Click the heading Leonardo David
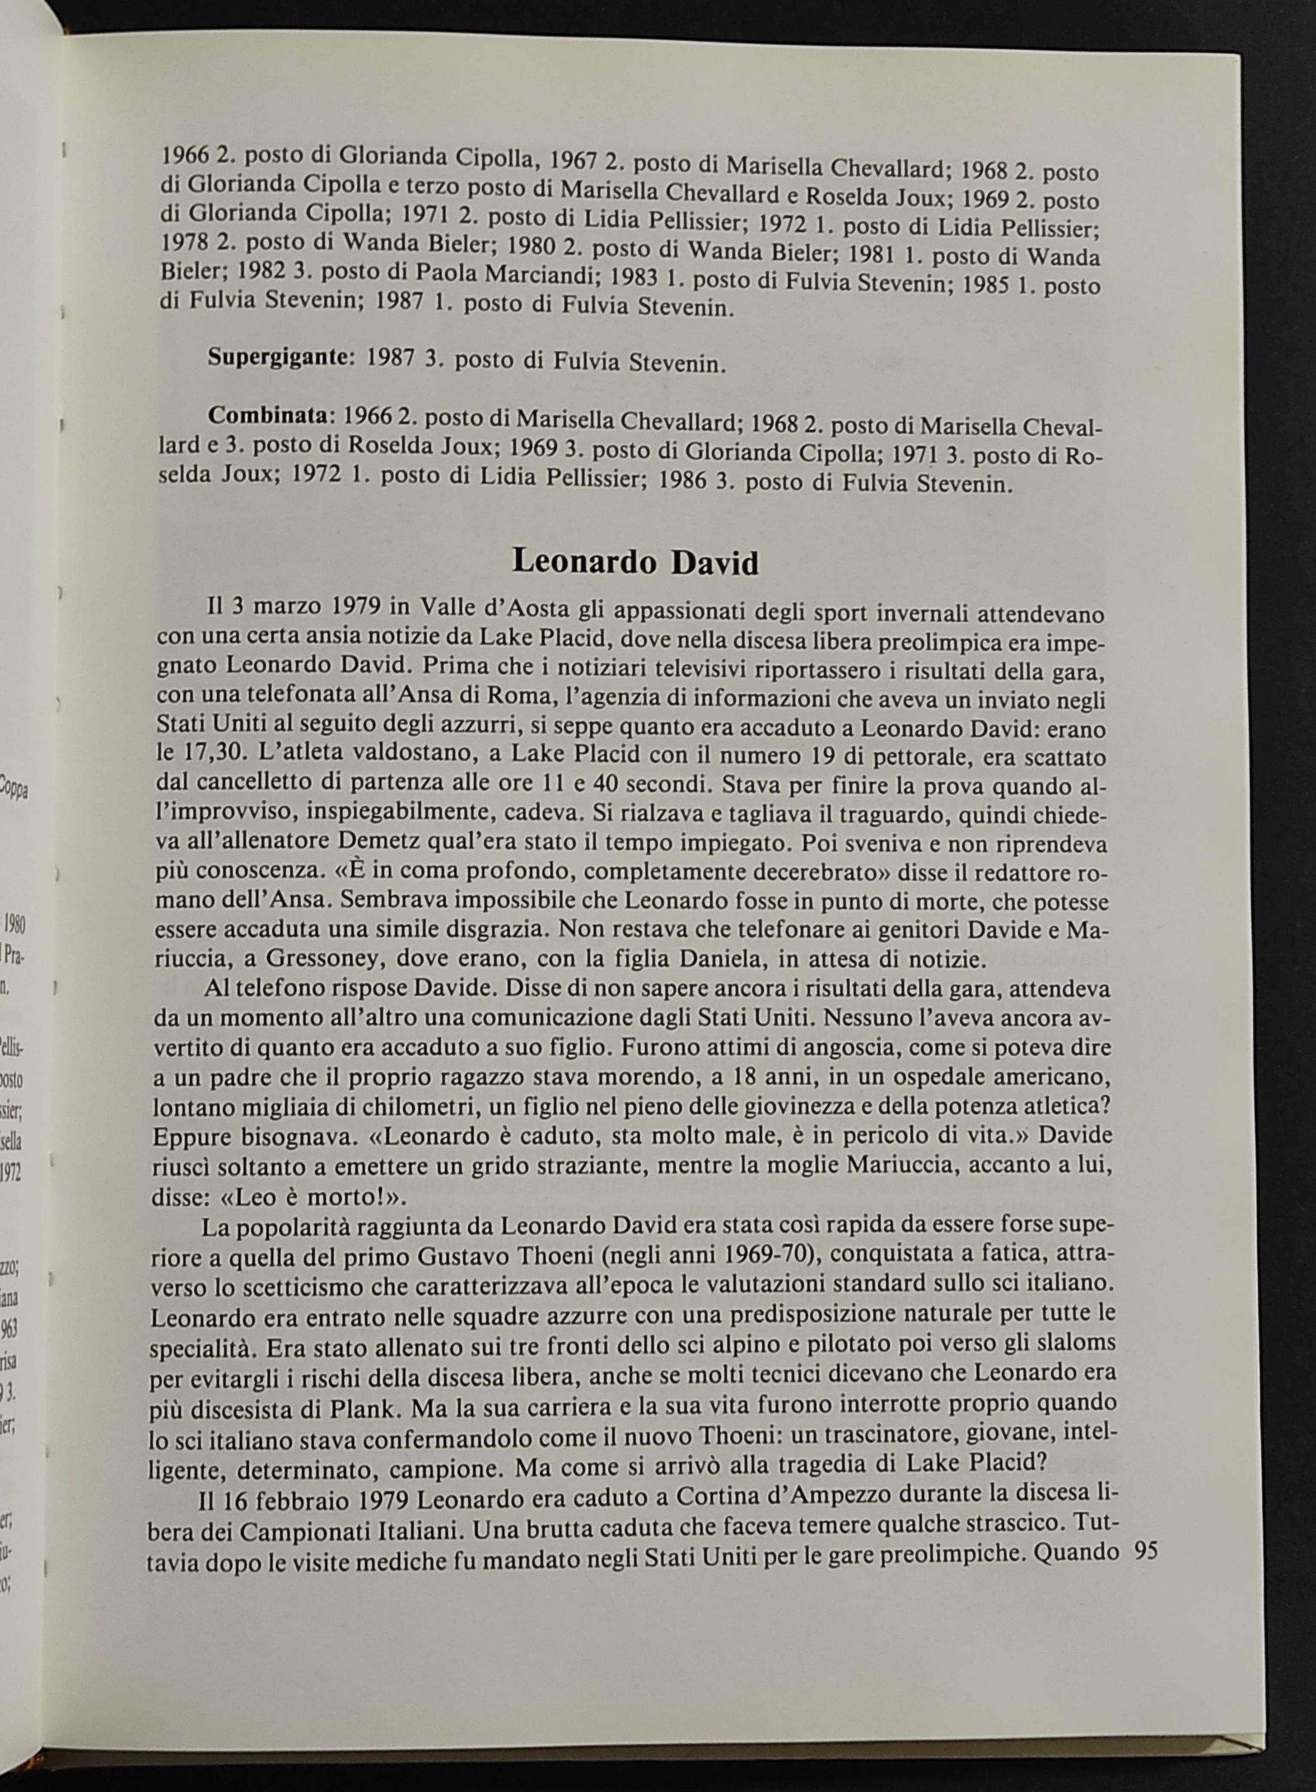tap(635, 562)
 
